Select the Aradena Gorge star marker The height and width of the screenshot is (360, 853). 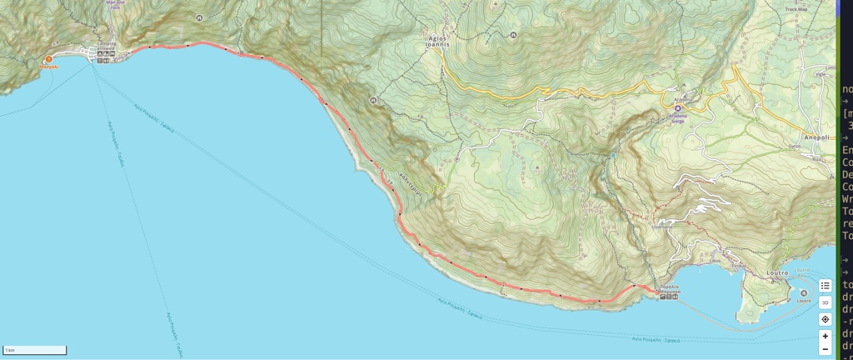(678, 108)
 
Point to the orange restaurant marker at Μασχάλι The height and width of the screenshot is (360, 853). (48, 59)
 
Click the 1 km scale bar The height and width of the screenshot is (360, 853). (35, 350)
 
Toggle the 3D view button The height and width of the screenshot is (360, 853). (825, 302)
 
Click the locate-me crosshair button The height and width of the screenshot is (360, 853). (825, 319)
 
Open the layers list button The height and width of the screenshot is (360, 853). (825, 286)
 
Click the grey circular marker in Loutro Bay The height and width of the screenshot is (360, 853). (803, 292)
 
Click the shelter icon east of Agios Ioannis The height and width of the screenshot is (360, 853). (513, 35)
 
